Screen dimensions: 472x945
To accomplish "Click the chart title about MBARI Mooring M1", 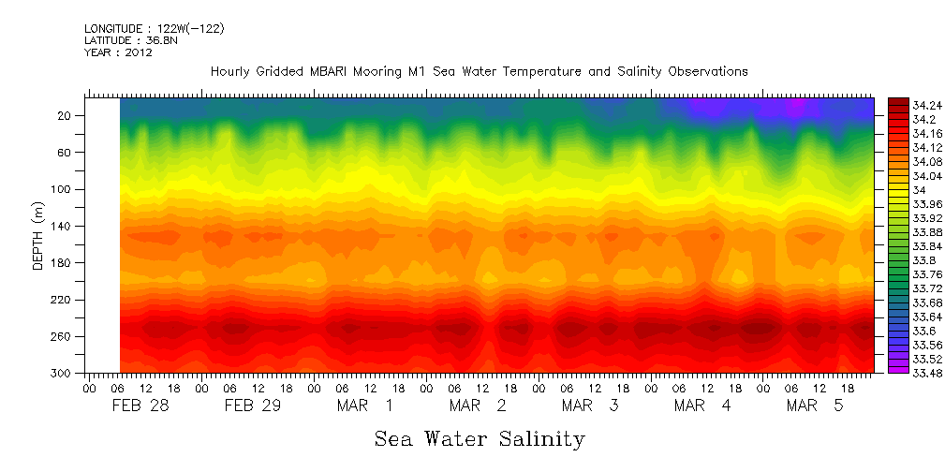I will (x=479, y=72).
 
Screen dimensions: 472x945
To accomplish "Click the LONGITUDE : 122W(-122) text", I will (x=154, y=29).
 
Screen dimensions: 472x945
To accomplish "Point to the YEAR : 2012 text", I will (x=118, y=53).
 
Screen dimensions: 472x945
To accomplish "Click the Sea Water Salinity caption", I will (x=480, y=438).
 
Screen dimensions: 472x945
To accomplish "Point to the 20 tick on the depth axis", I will (x=66, y=115).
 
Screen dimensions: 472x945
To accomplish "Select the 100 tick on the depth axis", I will (x=63, y=189).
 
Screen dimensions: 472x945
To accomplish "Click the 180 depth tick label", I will (x=63, y=263).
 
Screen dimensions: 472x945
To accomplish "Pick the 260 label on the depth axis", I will (x=63, y=337).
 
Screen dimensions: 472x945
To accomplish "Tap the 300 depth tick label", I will (x=63, y=374).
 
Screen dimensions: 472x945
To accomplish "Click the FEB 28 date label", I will (x=140, y=406).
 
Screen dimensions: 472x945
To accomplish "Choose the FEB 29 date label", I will (x=253, y=406).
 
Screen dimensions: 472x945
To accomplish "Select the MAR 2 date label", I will (x=478, y=406).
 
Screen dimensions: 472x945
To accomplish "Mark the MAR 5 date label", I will (x=815, y=406).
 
